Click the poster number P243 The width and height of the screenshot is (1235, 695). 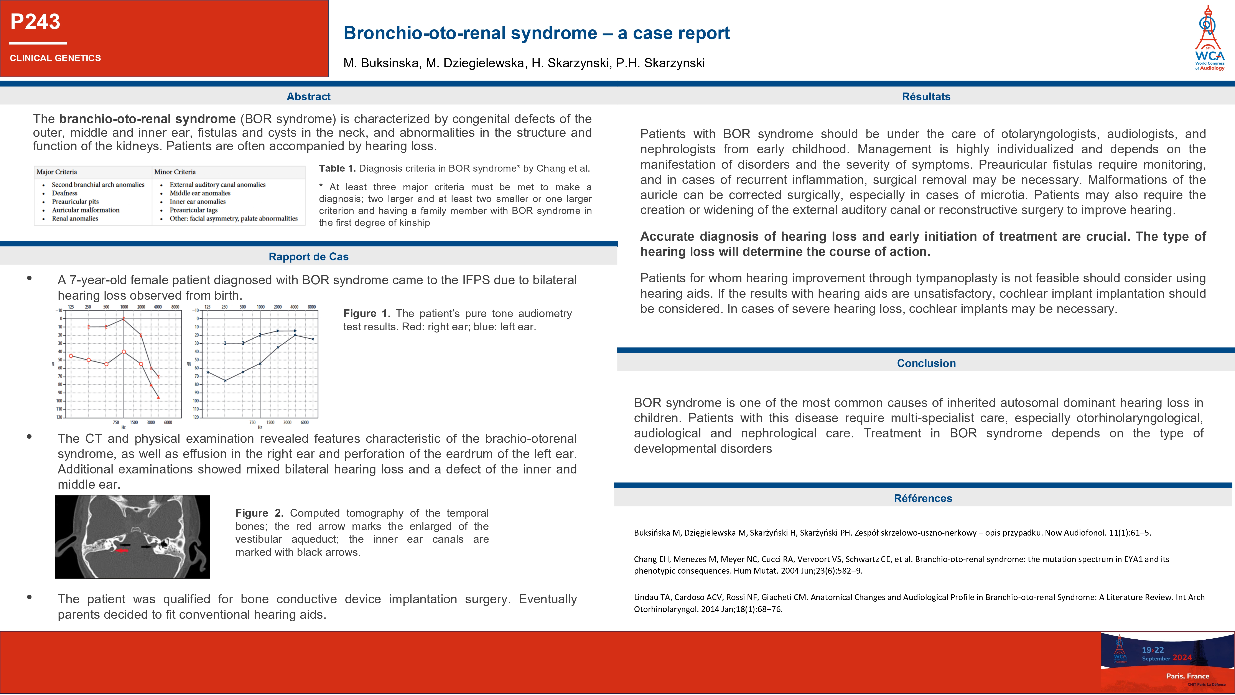[35, 22]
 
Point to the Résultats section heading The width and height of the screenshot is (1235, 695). [926, 96]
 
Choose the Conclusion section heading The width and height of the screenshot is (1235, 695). [926, 363]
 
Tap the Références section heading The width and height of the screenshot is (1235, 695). [923, 498]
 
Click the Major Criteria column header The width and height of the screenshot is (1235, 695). [57, 172]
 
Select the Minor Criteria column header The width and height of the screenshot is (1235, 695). [175, 172]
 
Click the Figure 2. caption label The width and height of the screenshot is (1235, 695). [259, 513]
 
